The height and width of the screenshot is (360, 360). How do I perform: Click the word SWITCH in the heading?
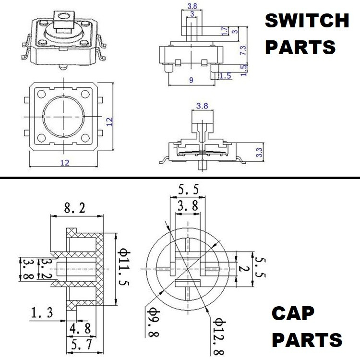coord(307,21)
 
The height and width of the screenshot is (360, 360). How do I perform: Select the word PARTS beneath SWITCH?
coord(300,48)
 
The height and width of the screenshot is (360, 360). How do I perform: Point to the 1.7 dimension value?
coord(225,31)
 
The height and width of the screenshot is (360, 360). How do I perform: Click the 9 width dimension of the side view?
coord(192,81)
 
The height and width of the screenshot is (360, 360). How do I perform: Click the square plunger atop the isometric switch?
coord(62,21)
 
